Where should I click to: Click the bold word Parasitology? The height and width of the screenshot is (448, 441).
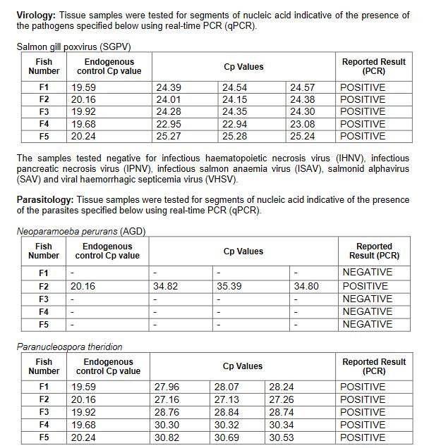pos(44,200)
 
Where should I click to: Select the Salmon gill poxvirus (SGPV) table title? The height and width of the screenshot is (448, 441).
pos(74,47)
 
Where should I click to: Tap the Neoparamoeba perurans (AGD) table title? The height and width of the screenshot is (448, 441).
pos(80,232)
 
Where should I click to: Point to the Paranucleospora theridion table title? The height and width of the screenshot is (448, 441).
pos(69,347)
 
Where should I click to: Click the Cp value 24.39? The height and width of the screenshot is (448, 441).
pos(169,87)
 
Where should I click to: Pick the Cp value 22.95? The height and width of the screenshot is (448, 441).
pos(169,124)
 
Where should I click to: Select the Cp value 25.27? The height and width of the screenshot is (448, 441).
pos(169,136)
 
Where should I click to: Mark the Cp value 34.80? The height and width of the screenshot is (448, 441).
pos(304,286)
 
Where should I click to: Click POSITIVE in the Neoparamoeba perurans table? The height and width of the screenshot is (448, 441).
pos(365,286)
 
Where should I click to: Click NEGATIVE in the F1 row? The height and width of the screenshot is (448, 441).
pos(367,272)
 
